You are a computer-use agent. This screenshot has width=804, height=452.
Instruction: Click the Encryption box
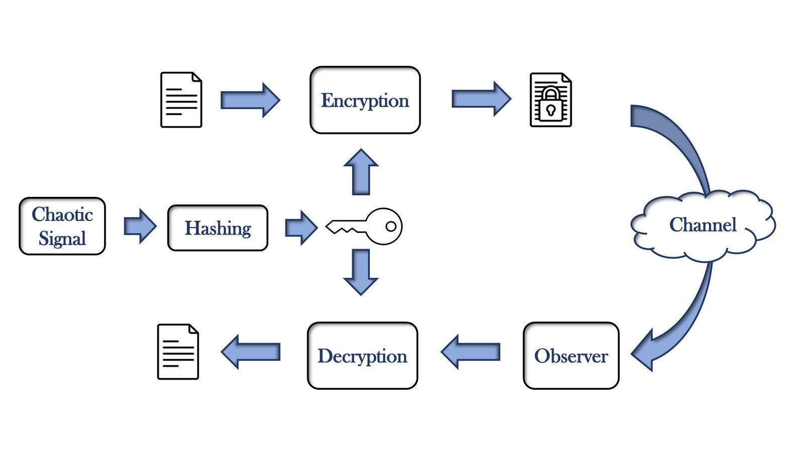coord(365,100)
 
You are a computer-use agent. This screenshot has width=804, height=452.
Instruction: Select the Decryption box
coord(362,356)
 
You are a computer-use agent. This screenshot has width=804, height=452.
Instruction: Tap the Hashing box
coord(218,228)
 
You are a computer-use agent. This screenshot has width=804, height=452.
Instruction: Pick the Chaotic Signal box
coord(62,226)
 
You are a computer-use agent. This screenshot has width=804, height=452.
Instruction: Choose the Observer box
coord(571,356)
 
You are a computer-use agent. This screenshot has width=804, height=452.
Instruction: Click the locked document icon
coord(551,100)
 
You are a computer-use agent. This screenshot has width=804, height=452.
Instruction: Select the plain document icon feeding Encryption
coord(181,100)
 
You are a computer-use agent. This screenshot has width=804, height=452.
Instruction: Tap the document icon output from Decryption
coord(178,352)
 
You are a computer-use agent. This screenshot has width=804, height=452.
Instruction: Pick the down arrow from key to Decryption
coord(361,272)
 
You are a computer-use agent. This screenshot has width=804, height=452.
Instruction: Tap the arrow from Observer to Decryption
coord(470,352)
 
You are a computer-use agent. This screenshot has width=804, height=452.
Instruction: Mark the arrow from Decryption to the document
coord(250,352)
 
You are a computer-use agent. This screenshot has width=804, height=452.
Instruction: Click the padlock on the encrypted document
coord(551,104)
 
